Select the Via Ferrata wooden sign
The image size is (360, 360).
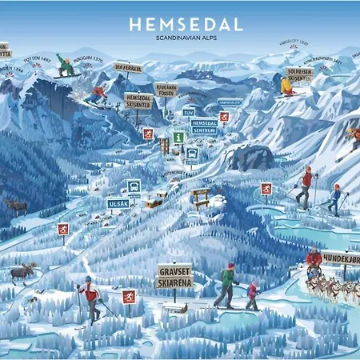[x=129, y=67]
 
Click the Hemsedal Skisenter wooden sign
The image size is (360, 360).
[x=138, y=99]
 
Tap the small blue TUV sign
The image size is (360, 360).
[x=190, y=112]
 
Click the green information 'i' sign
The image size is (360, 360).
[x=178, y=137]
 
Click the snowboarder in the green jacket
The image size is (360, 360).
[x=67, y=65]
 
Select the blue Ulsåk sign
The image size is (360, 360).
[x=117, y=203]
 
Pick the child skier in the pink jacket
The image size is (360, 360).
[x=253, y=294]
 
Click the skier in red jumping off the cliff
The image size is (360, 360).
[x=97, y=95]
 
